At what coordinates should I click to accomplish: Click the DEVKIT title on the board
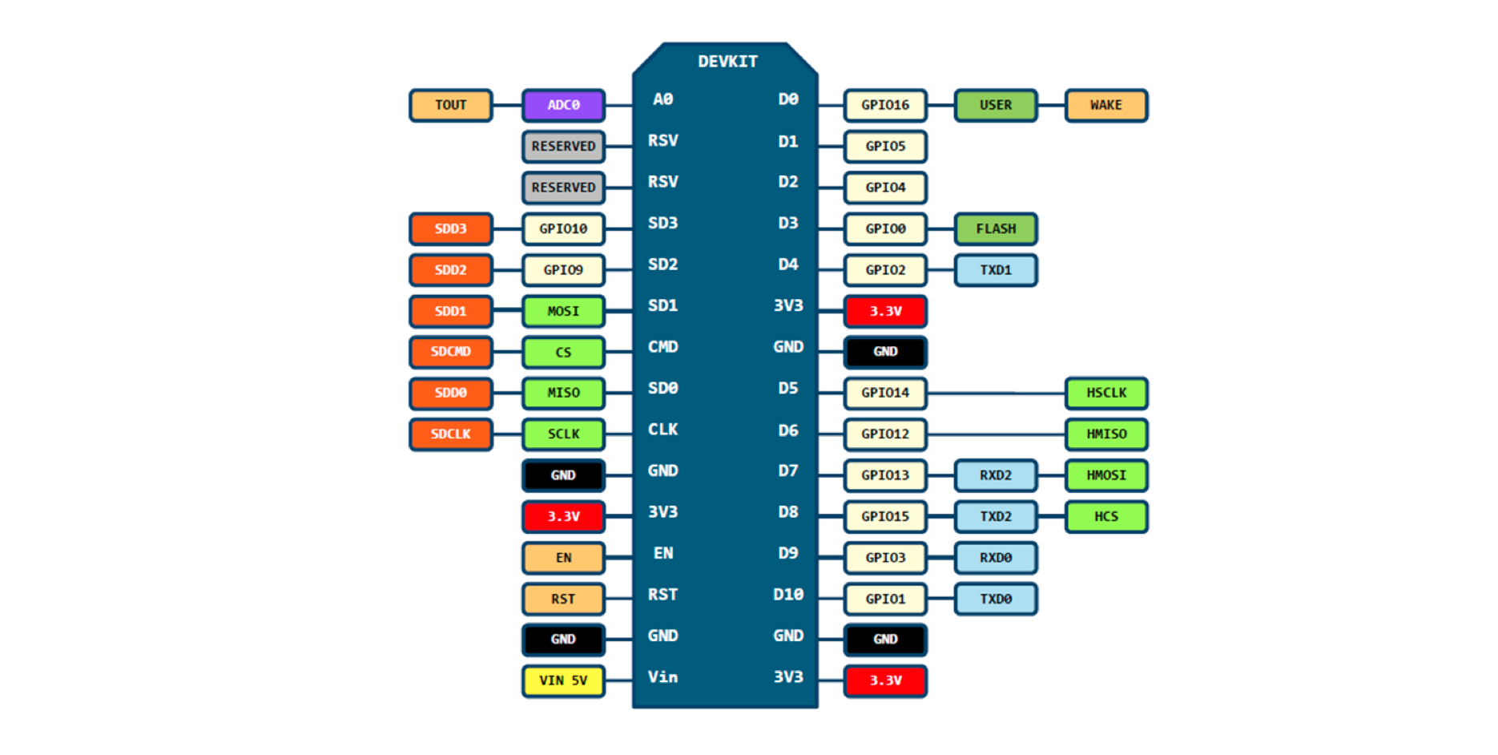[x=727, y=62]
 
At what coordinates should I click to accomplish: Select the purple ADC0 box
[x=563, y=105]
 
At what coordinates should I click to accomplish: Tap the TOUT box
[x=450, y=105]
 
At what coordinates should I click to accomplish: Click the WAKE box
[x=1105, y=105]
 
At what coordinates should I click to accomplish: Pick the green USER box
[x=995, y=105]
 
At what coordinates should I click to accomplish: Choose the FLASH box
[x=995, y=228]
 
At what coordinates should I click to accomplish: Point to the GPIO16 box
[x=884, y=105]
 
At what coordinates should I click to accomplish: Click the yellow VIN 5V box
[x=563, y=680]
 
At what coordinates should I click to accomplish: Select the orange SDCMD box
[x=450, y=352]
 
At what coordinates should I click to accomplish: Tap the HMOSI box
[x=1105, y=475]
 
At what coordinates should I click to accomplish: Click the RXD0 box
[x=995, y=558]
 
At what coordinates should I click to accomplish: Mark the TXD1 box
[x=995, y=270]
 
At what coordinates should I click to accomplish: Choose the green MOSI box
[x=563, y=311]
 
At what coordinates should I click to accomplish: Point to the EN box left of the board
[x=563, y=558]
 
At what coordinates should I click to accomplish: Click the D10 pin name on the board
[x=787, y=595]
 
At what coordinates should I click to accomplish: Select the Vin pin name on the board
[x=662, y=677]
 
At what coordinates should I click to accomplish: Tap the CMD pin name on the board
[x=662, y=347]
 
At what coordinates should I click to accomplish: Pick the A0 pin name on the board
[x=662, y=99]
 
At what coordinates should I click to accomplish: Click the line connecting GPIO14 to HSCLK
[x=995, y=394]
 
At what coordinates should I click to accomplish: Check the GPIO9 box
[x=563, y=270]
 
